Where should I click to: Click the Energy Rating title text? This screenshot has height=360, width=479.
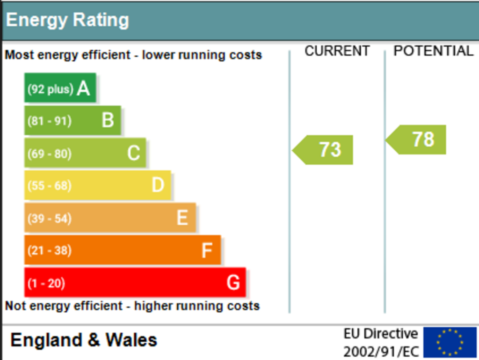(67, 21)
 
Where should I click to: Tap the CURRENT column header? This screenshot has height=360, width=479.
(337, 51)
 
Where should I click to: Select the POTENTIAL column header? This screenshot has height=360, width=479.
(434, 51)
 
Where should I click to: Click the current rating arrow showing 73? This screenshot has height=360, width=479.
(323, 150)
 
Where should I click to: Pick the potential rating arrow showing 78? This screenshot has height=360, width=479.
(416, 140)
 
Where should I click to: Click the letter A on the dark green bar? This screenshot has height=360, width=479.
(83, 88)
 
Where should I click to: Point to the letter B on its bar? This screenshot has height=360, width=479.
(108, 120)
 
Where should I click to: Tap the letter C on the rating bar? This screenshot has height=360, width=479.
(133, 153)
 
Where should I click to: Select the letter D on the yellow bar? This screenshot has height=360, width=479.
(158, 185)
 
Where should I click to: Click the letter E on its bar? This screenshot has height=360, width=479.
(182, 218)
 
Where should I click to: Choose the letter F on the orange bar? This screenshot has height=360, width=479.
(207, 250)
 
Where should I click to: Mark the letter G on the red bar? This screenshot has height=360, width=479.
(233, 283)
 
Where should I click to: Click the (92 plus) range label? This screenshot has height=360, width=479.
(51, 89)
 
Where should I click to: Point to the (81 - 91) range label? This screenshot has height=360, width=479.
(50, 121)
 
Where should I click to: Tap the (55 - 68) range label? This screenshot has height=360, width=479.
(50, 186)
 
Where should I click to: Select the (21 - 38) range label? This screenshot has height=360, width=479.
(50, 250)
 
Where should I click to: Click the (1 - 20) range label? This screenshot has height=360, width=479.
(46, 283)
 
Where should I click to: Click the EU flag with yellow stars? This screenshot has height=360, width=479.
(450, 342)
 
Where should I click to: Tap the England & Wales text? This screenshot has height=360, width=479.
(84, 340)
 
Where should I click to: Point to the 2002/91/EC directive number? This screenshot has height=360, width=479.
(381, 352)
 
